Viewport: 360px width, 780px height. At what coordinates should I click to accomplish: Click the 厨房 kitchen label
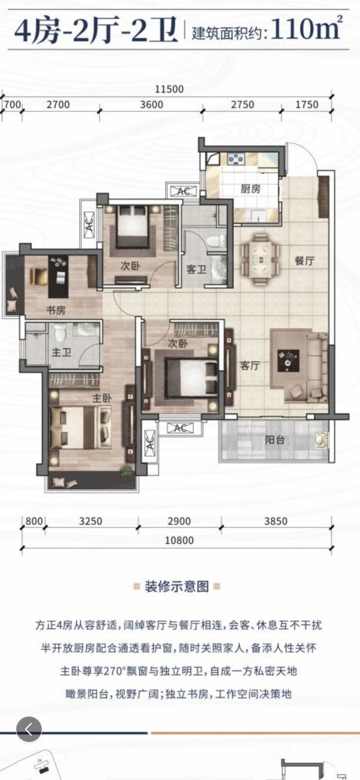pyautogui.click(x=250, y=189)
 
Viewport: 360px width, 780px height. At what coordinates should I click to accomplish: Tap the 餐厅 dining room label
pyautogui.click(x=305, y=261)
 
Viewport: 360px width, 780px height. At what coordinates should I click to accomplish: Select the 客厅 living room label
pyautogui.click(x=250, y=366)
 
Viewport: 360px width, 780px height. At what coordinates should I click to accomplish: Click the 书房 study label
pyautogui.click(x=56, y=311)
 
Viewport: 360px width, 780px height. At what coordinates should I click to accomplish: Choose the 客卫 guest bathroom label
pyautogui.click(x=196, y=270)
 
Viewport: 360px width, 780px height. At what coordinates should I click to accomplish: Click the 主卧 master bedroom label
pyautogui.click(x=102, y=398)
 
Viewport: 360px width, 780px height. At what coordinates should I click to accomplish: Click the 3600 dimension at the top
pyautogui.click(x=151, y=105)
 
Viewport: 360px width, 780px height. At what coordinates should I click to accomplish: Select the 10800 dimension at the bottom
pyautogui.click(x=180, y=540)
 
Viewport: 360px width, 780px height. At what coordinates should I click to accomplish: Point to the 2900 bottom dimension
pyautogui.click(x=179, y=521)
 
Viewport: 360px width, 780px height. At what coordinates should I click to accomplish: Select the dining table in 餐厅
pyautogui.click(x=261, y=259)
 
